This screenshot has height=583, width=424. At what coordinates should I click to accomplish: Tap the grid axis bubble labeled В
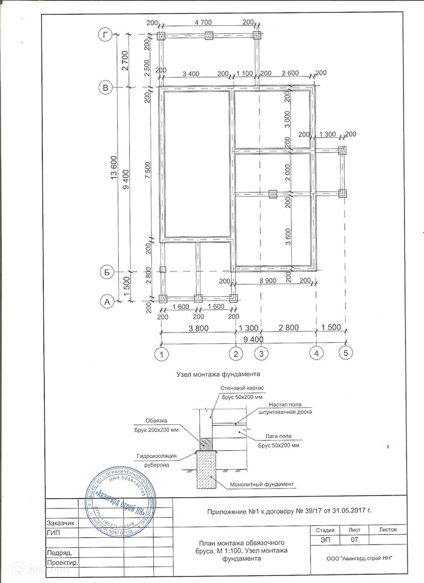[107, 87]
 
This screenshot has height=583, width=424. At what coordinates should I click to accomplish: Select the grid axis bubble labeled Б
[107, 273]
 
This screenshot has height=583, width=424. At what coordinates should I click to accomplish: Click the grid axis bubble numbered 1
[161, 355]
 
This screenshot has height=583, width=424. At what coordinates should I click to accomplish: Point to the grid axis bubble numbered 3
[261, 354]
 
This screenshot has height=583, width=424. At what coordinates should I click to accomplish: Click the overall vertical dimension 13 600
[113, 170]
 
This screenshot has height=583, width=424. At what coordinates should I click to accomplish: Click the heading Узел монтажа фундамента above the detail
[218, 374]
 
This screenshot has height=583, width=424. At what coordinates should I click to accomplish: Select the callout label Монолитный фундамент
[261, 484]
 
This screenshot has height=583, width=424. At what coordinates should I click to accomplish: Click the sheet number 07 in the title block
[355, 540]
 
